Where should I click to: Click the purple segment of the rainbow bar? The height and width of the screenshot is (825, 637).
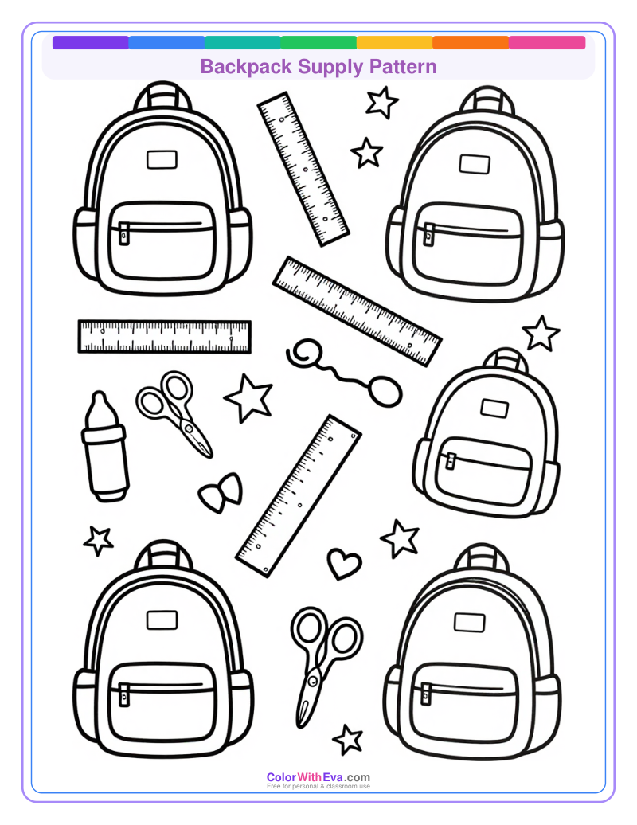pyautogui.click(x=90, y=43)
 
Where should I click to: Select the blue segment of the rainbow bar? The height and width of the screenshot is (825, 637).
pyautogui.click(x=166, y=43)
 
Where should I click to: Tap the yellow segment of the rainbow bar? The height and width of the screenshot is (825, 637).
pyautogui.click(x=394, y=43)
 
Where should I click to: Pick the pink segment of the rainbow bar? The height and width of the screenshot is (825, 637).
pyautogui.click(x=547, y=43)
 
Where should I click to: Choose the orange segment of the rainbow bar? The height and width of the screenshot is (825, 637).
pyautogui.click(x=471, y=43)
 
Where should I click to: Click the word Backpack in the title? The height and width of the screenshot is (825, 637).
pyautogui.click(x=246, y=66)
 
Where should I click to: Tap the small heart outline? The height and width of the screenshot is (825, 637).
pyautogui.click(x=344, y=563)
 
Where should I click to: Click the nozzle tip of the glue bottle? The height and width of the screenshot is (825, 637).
pyautogui.click(x=99, y=398)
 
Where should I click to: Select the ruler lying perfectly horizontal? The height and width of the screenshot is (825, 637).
pyautogui.click(x=165, y=336)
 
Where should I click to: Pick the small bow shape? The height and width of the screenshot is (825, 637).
pyautogui.click(x=221, y=493)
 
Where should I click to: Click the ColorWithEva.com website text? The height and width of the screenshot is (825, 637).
pyautogui.click(x=318, y=777)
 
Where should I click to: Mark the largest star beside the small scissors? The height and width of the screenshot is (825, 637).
pyautogui.click(x=250, y=398)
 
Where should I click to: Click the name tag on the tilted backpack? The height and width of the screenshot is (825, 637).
pyautogui.click(x=494, y=409)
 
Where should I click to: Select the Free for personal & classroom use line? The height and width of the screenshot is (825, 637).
pyautogui.click(x=318, y=787)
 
